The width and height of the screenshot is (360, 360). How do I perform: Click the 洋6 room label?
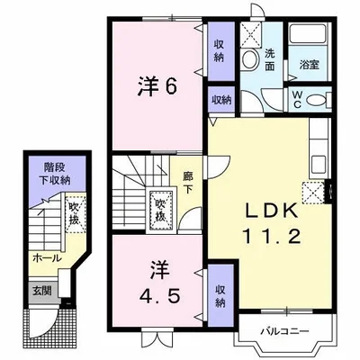pyautogui.click(x=157, y=86)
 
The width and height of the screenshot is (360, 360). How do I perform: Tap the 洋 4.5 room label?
pyautogui.click(x=160, y=283)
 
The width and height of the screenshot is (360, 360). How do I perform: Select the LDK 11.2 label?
pyautogui.click(x=271, y=223)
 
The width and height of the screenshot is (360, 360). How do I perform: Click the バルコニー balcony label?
pyautogui.click(x=284, y=331)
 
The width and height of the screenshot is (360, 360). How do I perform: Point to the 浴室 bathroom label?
pyautogui.click(x=309, y=65)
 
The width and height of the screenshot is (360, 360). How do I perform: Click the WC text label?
pyautogui.click(x=297, y=99)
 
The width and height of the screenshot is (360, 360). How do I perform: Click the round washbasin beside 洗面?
pyautogui.click(x=249, y=59)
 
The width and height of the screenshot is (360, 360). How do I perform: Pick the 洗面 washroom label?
pyautogui.click(x=270, y=60)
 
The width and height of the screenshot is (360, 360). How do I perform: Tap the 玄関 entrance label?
pyautogui.click(x=42, y=291)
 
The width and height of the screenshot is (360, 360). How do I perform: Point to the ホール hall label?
pyautogui.click(x=47, y=258)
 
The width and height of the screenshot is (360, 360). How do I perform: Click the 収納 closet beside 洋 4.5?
pyautogui.click(x=220, y=295)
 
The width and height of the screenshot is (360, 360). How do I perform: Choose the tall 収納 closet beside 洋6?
pyautogui.click(x=220, y=50)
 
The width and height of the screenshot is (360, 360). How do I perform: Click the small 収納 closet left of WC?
pyautogui.click(x=221, y=101)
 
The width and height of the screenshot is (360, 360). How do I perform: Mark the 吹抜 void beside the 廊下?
pyautogui.click(x=160, y=209)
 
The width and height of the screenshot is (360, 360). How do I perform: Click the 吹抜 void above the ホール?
pyautogui.click(x=75, y=213)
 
